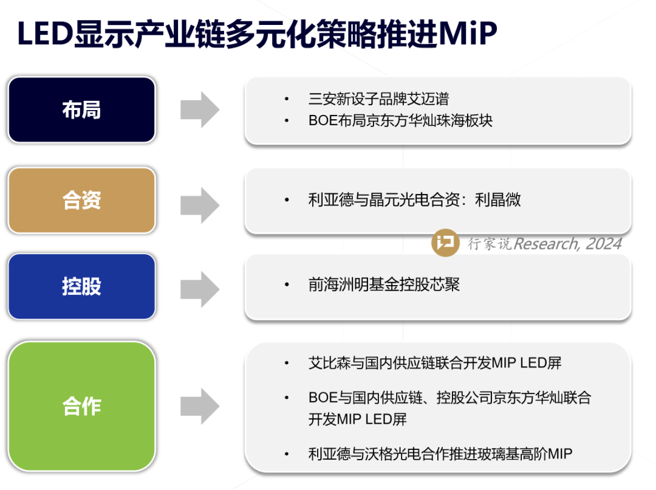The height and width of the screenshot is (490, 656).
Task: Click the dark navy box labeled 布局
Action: pos(81,110)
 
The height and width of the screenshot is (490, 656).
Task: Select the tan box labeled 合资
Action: pos(81,200)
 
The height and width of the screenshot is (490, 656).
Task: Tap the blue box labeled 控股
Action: pos(81,286)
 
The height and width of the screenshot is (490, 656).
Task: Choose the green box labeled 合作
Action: pos(81,406)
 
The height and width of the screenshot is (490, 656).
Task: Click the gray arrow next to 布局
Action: pos(200,110)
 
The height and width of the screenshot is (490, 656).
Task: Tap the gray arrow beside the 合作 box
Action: pos(200,406)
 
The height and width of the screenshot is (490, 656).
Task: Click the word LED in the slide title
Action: pos(44,35)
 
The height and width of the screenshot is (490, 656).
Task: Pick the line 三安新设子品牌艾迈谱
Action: pos(378,99)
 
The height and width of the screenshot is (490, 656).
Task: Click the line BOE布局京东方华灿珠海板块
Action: pos(400,120)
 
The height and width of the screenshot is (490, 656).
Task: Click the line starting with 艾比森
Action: pos(435,363)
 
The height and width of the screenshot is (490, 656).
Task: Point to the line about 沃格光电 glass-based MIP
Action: pos(440,454)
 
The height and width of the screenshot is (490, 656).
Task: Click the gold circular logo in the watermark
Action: pos(446,243)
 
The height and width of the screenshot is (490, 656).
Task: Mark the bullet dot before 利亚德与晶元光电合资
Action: pos(287,200)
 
